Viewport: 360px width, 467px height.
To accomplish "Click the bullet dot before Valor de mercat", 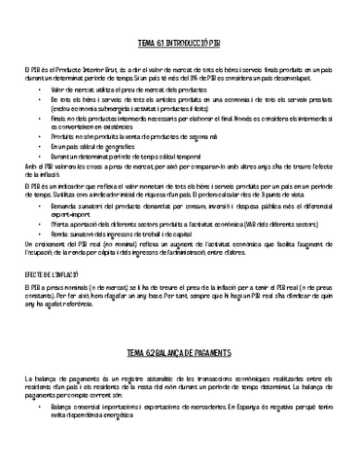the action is point(42,88).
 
